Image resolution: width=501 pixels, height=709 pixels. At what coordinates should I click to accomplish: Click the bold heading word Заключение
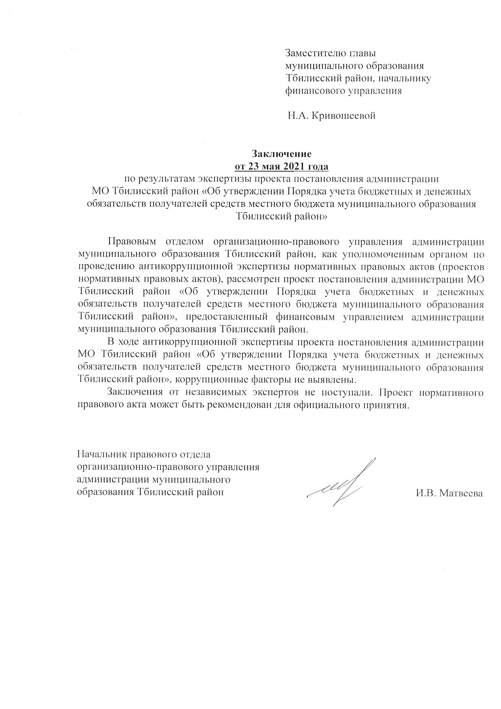click(x=281, y=153)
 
